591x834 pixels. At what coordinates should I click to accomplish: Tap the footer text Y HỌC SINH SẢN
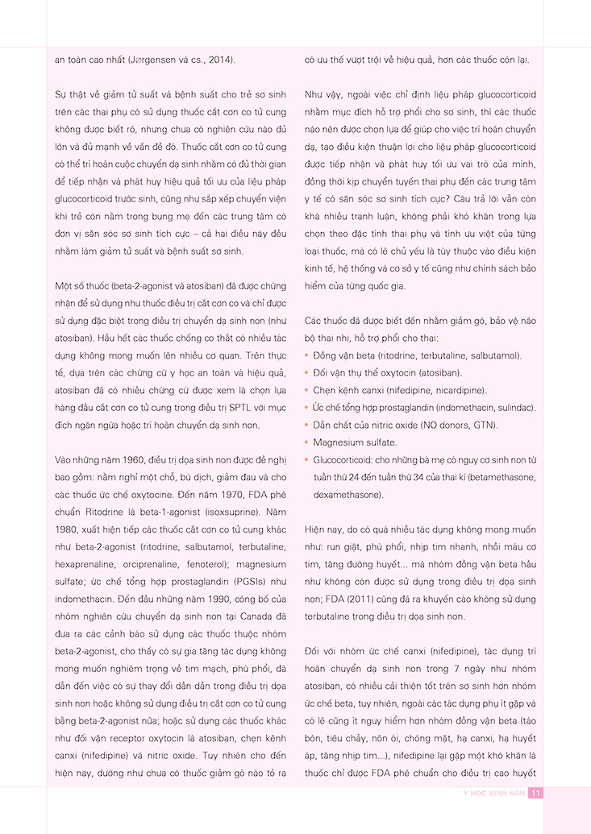pyautogui.click(x=486, y=793)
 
